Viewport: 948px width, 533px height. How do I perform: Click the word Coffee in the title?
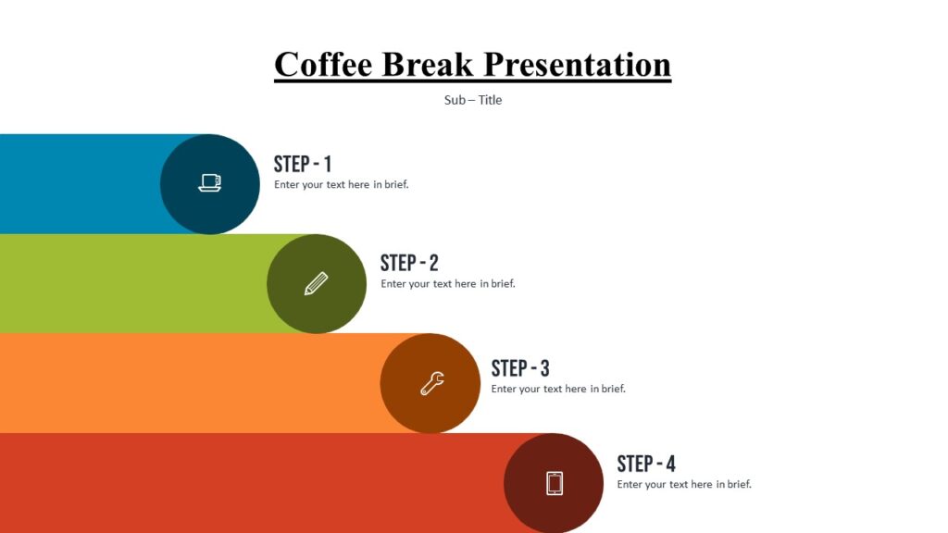coord(323,65)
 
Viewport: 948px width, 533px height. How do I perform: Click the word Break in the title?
coord(428,65)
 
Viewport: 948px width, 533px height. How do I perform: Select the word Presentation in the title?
coord(578,65)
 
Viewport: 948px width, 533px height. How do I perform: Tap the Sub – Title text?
coord(473,100)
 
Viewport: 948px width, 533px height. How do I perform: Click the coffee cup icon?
coord(210,183)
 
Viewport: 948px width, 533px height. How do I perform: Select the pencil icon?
coord(317,283)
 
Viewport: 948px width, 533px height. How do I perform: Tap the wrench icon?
coord(431,383)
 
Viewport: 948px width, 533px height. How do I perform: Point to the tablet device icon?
coord(555,483)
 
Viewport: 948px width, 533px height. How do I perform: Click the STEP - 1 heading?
coord(303,165)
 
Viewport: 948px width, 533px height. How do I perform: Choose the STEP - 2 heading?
coord(409,263)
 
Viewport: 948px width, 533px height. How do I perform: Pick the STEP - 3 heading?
coord(520,368)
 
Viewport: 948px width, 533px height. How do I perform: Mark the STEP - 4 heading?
coord(646,464)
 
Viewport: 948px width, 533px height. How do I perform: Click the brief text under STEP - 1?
coord(341,184)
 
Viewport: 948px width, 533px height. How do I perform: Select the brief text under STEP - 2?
coord(447,284)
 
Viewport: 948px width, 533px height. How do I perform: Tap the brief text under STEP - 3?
coord(558,389)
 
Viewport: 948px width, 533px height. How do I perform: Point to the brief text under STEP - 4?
coord(684,484)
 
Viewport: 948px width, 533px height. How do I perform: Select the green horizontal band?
coord(130,283)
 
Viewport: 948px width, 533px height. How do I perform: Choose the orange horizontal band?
coord(185,383)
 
